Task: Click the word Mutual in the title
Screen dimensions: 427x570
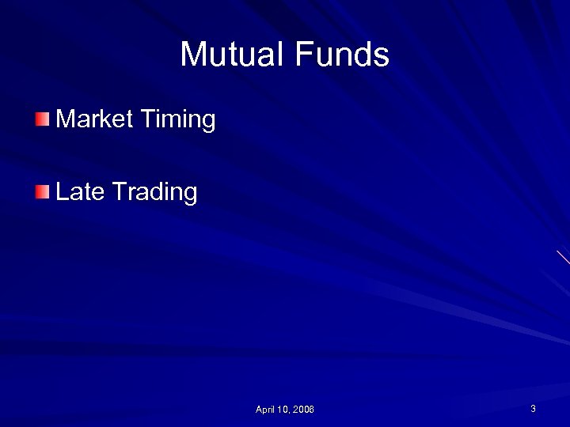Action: [233, 55]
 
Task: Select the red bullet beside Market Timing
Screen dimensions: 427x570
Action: [42, 119]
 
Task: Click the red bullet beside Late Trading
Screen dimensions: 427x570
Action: [42, 191]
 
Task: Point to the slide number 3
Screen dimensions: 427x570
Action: [533, 409]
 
